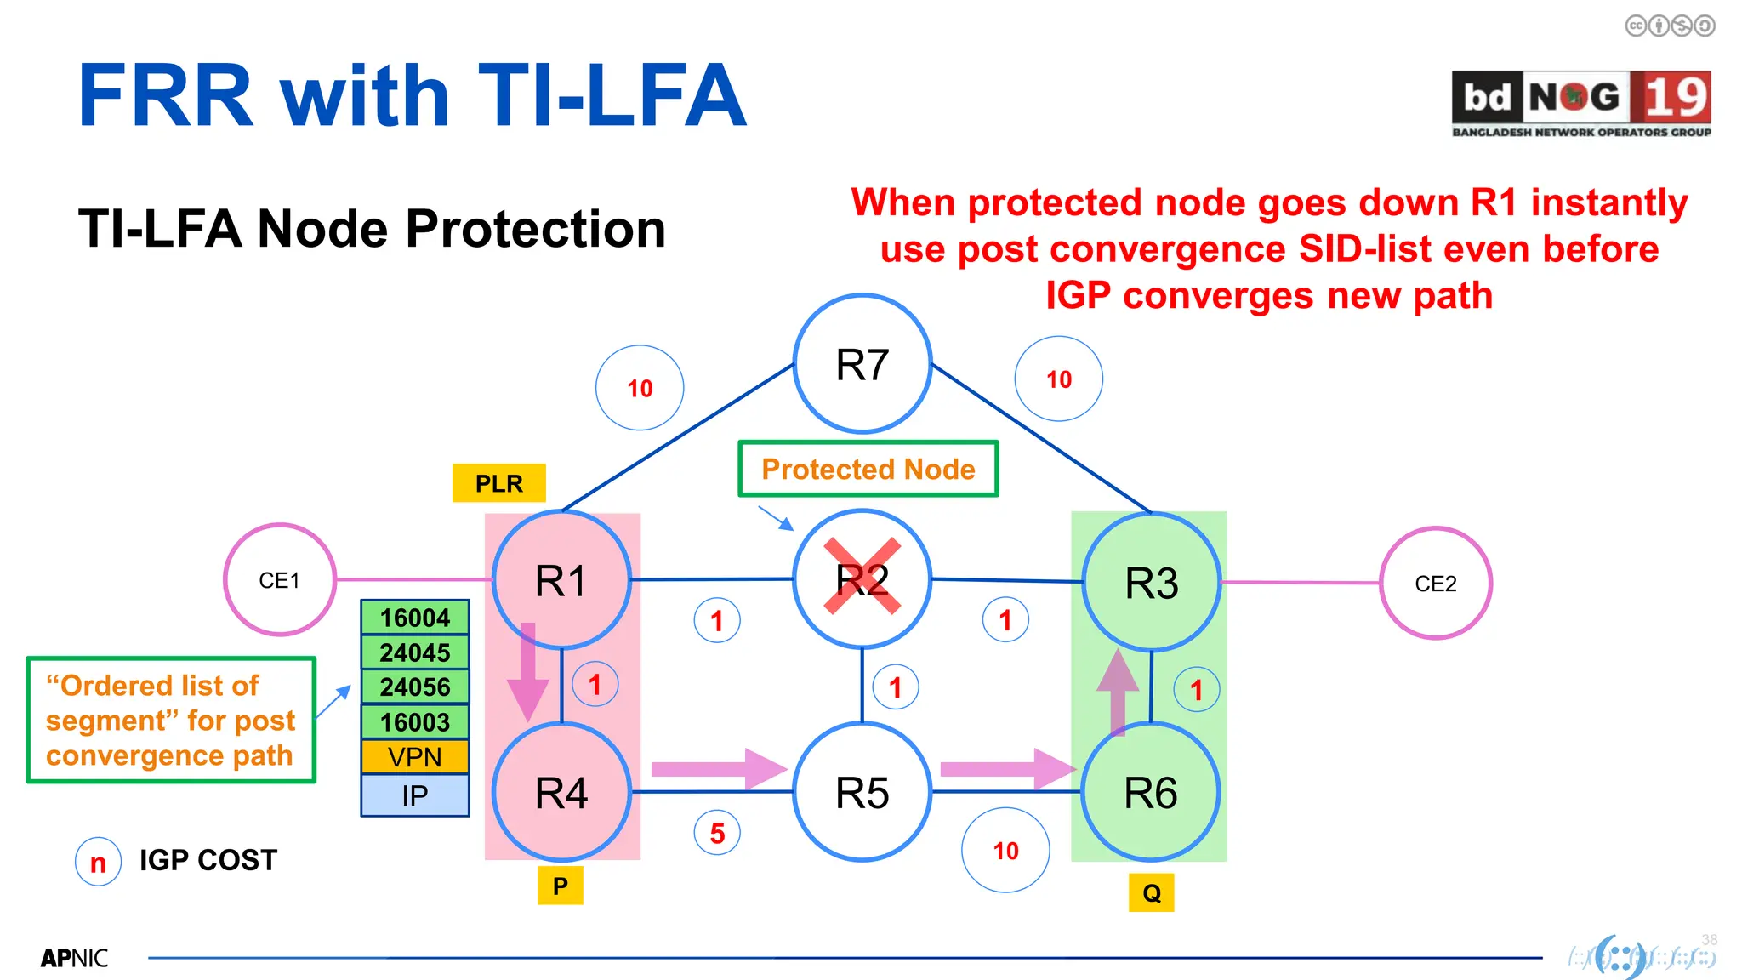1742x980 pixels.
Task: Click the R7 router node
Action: [862, 364]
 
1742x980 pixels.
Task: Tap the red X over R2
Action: [862, 576]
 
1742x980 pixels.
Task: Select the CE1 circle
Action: [279, 580]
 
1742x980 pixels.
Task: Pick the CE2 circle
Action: [1435, 584]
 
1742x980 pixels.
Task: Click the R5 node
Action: [862, 792]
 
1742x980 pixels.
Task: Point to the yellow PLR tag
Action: [498, 483]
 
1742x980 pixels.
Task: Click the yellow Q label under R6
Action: [1151, 893]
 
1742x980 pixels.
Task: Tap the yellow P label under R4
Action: [560, 886]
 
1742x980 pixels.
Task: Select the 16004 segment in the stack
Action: [414, 618]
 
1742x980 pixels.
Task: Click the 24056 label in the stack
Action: [414, 687]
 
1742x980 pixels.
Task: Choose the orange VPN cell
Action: [414, 757]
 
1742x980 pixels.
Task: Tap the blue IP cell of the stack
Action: [414, 795]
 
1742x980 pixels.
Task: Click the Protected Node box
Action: [868, 469]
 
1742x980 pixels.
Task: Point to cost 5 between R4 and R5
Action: [717, 833]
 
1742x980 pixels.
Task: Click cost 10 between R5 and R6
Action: [1005, 851]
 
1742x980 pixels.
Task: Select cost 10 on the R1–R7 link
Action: [640, 389]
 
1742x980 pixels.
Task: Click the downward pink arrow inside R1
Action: [528, 672]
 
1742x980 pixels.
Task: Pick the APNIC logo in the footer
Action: [74, 959]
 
